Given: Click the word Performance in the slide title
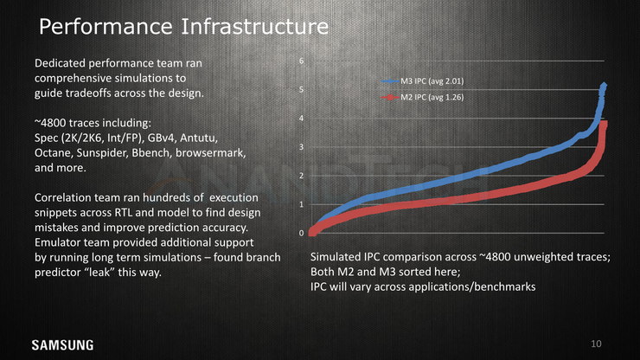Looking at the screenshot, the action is click(x=106, y=27).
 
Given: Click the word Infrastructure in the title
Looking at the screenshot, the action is click(x=254, y=27).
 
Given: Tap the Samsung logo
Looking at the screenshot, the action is click(x=63, y=345).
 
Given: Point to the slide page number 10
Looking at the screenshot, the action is click(x=596, y=344).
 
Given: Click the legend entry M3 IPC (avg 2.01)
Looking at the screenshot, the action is click(x=422, y=81).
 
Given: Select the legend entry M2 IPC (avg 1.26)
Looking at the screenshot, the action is click(x=422, y=97).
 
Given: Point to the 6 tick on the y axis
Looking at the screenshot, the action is click(x=301, y=61).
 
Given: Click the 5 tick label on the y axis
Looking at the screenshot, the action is click(x=301, y=89).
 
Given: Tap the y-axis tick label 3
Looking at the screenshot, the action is click(x=301, y=147).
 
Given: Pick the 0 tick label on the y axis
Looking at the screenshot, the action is click(x=301, y=233).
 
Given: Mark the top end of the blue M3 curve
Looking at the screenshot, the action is click(x=604, y=85).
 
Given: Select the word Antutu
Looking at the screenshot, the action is click(x=199, y=138).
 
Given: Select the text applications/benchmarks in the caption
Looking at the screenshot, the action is click(x=472, y=286).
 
